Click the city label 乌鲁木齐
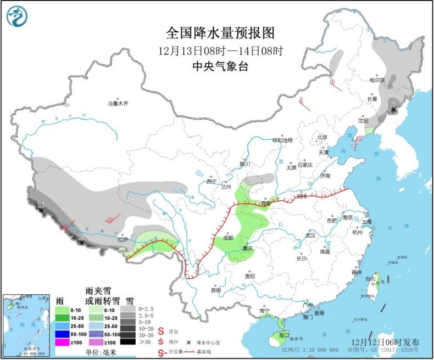118,103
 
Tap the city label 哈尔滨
377,80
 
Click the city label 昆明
215,290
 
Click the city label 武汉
310,235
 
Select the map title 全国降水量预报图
220,33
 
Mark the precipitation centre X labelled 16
41,210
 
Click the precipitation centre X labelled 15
82,242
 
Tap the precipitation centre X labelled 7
393,110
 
